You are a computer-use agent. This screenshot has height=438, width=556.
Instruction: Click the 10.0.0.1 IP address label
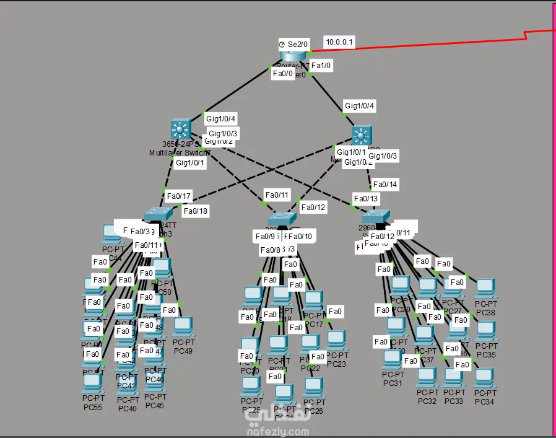click(340, 42)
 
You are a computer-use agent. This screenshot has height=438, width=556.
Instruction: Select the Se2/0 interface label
click(293, 44)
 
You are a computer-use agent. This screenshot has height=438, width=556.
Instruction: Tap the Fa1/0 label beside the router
click(321, 64)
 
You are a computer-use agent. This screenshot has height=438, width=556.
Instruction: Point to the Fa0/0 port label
click(283, 74)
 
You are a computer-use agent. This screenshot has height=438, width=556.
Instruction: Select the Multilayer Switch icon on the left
click(180, 129)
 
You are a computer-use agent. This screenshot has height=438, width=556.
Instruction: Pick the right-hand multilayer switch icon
click(362, 135)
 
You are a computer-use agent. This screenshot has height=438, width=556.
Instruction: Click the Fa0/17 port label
click(178, 196)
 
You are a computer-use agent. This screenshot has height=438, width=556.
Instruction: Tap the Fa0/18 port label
click(196, 211)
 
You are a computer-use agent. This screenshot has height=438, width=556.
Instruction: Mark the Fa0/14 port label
click(384, 184)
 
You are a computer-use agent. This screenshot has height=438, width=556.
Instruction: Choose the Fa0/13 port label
click(365, 198)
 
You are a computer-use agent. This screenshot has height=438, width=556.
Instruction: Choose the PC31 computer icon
click(393, 359)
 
